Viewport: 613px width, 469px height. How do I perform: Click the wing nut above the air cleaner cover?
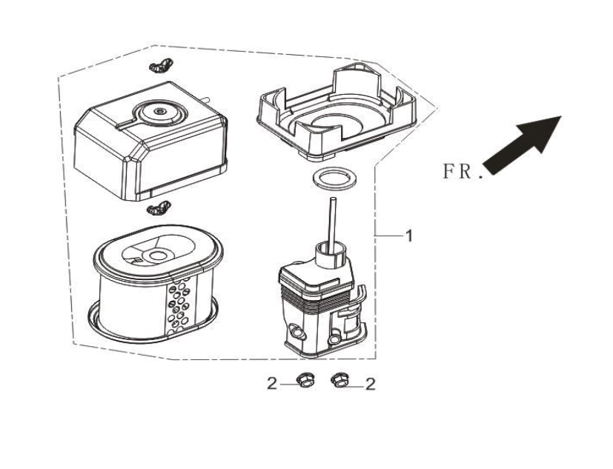(161, 65)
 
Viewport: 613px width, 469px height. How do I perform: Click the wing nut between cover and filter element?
(159, 208)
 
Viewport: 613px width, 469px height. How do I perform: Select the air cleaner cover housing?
(150, 142)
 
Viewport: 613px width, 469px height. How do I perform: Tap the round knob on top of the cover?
(159, 111)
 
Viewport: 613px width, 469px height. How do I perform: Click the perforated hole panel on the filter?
(179, 305)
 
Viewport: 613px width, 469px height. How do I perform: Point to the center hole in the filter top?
(159, 256)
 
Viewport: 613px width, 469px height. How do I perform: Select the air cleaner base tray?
(337, 113)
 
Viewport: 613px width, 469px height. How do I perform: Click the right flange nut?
(339, 380)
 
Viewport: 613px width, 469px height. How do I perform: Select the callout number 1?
(409, 236)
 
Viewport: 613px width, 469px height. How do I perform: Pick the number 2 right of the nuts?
(370, 385)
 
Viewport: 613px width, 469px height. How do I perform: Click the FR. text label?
(463, 172)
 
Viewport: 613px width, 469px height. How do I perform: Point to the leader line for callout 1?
(389, 236)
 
